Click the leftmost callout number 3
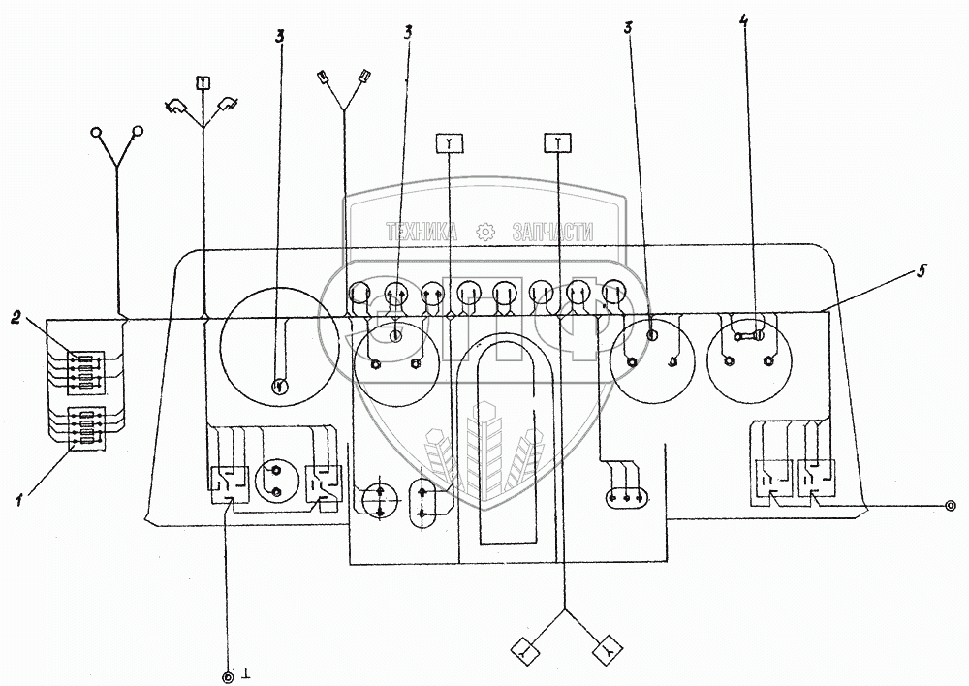[x=279, y=37]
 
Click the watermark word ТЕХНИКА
[x=422, y=233]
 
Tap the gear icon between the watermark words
[x=484, y=233]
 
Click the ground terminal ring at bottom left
[x=228, y=674]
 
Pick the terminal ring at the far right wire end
[x=951, y=505]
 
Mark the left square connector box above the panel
[x=450, y=143]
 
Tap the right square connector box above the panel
[x=559, y=143]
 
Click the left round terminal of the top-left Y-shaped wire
[x=96, y=131]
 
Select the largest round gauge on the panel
[x=279, y=348]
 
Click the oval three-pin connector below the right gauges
[x=625, y=498]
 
